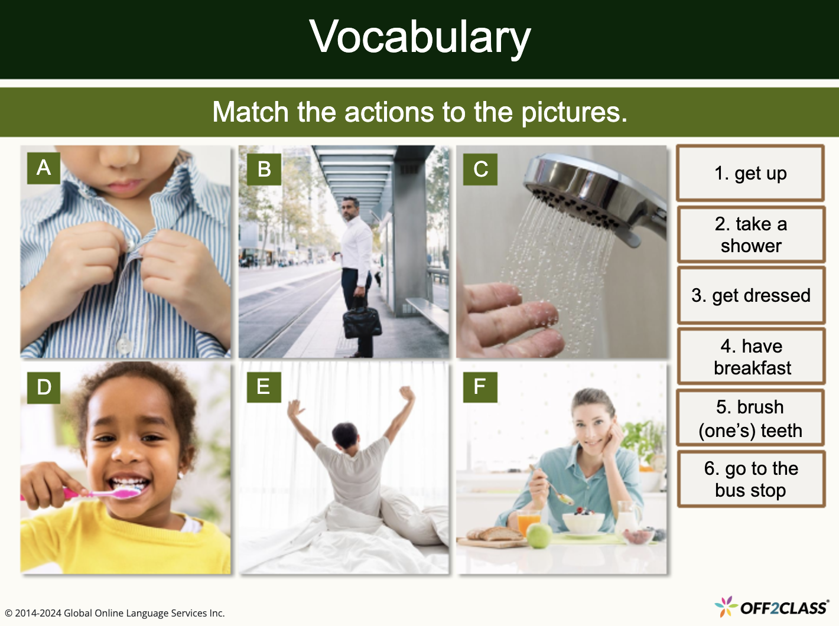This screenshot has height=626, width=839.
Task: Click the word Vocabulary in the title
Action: point(419,37)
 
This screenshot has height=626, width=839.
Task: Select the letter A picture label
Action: point(44,168)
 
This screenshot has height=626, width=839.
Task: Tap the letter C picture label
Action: point(480,169)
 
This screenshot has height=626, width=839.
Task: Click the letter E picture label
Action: point(263,387)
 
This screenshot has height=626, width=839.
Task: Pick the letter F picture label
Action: point(479,387)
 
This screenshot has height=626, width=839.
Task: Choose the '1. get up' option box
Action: point(750,174)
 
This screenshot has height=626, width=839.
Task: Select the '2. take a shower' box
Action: point(750,234)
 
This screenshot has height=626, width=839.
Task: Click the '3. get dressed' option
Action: point(750,295)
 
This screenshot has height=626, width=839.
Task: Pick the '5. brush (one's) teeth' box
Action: point(750,418)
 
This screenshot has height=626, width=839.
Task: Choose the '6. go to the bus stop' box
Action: point(750,479)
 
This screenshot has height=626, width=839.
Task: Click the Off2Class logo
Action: point(772,607)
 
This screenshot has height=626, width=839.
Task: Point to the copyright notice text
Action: point(115,613)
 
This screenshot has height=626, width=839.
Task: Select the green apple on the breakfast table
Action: point(538,536)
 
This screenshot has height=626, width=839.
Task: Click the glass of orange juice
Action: point(528,523)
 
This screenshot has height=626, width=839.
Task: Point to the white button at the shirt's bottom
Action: point(123,344)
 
